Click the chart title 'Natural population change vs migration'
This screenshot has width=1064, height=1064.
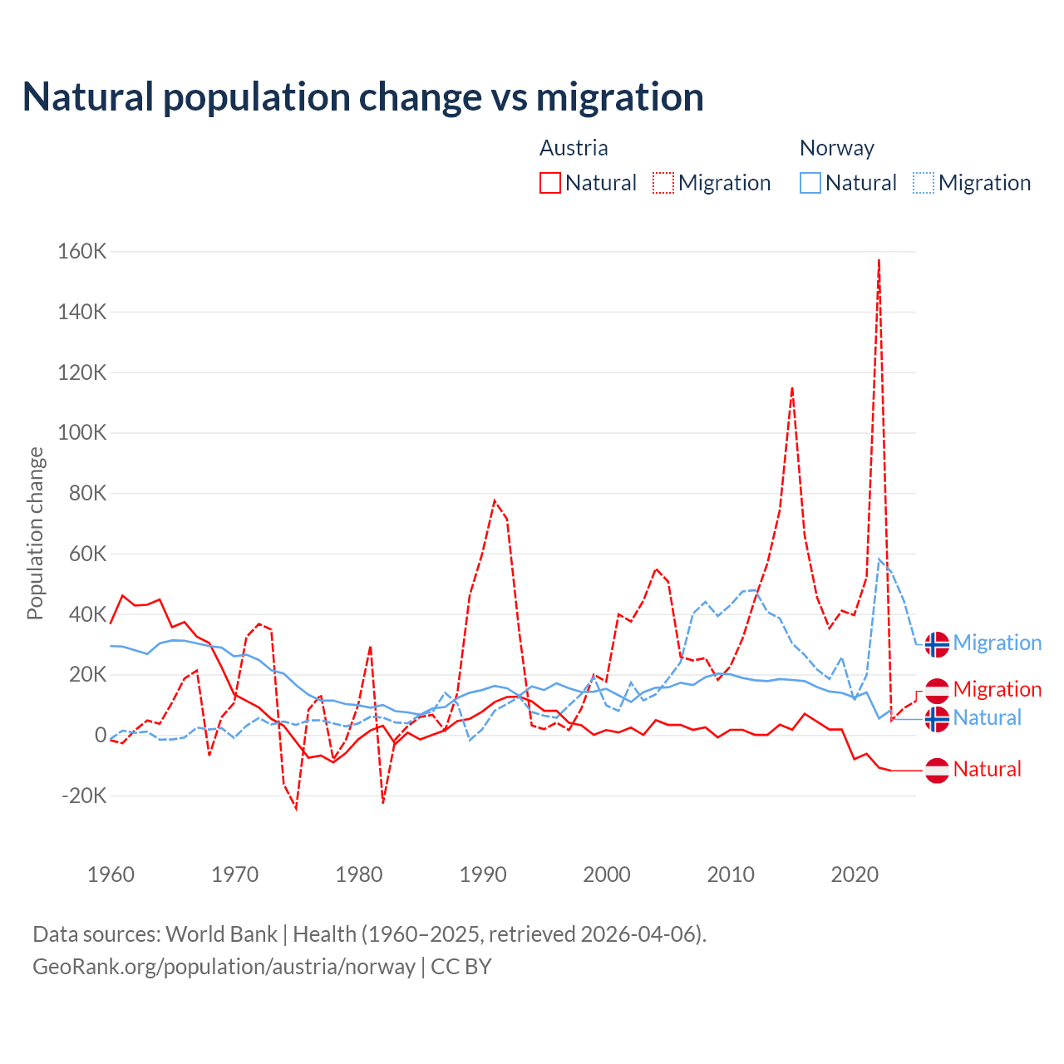(363, 97)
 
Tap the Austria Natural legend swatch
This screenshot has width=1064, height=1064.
(550, 183)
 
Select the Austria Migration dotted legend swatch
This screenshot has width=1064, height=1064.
(663, 183)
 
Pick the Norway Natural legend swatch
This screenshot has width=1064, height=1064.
(810, 183)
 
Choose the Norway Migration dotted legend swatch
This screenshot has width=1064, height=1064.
(924, 183)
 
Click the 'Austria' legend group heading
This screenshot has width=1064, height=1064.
(574, 148)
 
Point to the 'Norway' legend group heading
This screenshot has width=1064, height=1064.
(836, 148)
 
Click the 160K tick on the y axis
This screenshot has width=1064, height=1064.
(82, 251)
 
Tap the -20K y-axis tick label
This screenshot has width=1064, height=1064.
(84, 796)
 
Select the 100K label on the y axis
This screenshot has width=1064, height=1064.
(82, 433)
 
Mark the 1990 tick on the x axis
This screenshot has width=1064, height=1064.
(483, 874)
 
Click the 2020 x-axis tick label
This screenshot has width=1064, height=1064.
(855, 874)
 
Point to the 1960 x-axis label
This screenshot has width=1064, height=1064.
(111, 874)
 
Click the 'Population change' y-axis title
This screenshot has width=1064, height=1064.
(35, 533)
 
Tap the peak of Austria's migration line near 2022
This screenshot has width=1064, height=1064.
(879, 260)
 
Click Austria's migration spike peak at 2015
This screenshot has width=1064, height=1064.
(792, 387)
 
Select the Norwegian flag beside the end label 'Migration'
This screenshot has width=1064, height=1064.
(937, 643)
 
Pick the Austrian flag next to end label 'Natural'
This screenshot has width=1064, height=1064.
(937, 770)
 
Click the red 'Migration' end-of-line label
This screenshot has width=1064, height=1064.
(997, 689)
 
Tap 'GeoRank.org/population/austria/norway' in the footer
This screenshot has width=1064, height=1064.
(224, 967)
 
